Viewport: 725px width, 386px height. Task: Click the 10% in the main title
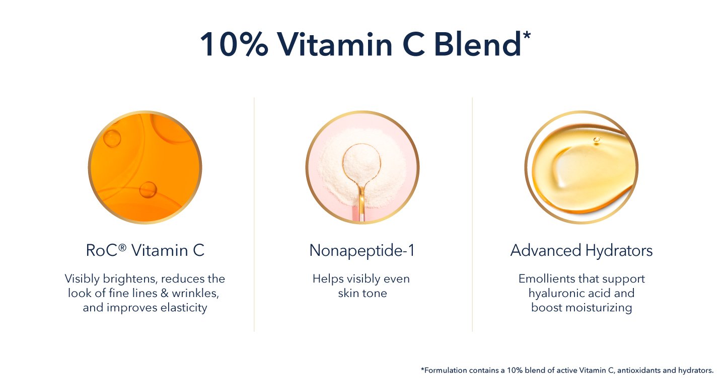coord(234,44)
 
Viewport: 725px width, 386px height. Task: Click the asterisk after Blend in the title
coord(527,35)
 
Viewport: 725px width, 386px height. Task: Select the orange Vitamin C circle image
coord(145,167)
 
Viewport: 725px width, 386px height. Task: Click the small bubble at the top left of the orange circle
coord(112,139)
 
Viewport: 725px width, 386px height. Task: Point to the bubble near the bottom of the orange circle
coord(148,189)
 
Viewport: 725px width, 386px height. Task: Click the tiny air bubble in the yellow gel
coord(597,140)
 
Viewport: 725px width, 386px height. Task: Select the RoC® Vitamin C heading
coord(145,250)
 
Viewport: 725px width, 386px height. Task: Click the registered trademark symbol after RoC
coord(122,247)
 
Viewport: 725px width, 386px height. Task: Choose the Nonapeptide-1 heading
coord(362,251)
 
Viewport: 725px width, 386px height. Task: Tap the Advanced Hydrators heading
coord(582,251)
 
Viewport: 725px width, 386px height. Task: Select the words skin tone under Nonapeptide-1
coord(362,294)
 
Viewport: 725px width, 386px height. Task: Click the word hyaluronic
coord(557,294)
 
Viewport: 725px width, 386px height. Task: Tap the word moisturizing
coord(599,308)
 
